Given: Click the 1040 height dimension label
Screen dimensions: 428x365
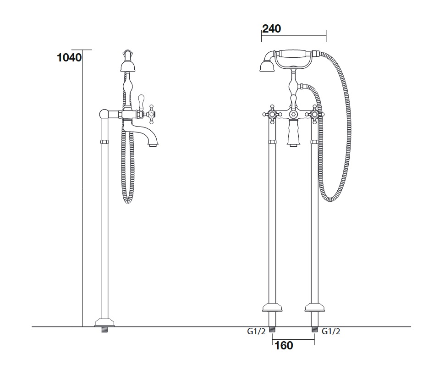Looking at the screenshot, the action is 69,58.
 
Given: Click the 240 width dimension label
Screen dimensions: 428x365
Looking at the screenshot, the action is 272,29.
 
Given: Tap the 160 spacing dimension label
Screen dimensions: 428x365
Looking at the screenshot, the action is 284,346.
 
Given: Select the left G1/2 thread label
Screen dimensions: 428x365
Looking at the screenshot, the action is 256,332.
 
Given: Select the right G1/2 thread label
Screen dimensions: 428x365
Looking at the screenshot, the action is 331,332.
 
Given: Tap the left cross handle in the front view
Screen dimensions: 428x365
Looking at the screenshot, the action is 272,114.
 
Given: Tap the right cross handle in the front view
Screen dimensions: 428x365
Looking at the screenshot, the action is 315,114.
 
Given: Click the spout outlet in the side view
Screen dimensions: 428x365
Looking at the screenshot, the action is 154,144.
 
